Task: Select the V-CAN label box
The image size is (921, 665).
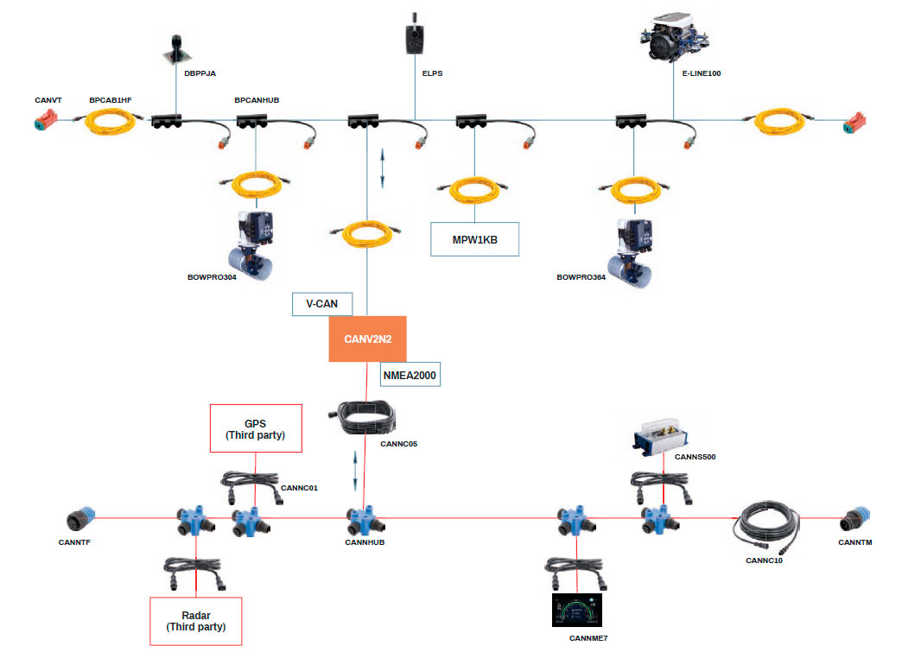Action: pyautogui.click(x=322, y=304)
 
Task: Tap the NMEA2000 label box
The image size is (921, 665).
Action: pyautogui.click(x=410, y=374)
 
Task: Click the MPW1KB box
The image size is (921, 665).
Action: pyautogui.click(x=474, y=239)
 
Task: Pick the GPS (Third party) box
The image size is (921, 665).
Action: pyautogui.click(x=255, y=427)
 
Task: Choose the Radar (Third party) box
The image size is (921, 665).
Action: pyautogui.click(x=195, y=620)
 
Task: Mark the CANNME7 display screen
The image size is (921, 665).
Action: pyautogui.click(x=576, y=611)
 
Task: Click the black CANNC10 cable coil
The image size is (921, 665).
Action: pyautogui.click(x=765, y=525)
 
